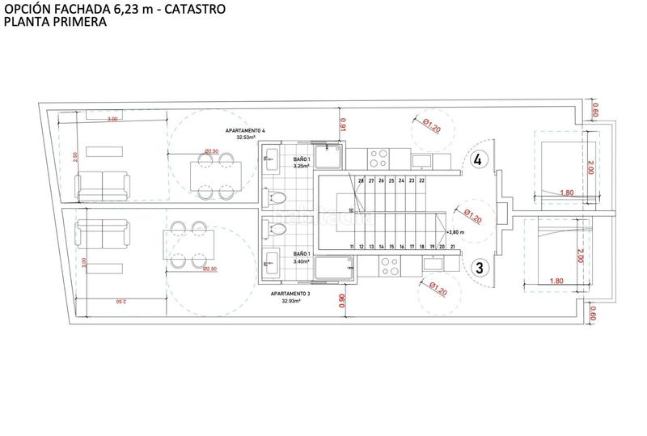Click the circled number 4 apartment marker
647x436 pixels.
(478, 159)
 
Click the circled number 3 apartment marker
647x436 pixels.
(478, 267)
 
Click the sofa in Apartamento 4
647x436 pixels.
(101, 186)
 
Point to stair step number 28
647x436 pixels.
(360, 180)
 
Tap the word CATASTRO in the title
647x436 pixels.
(194, 10)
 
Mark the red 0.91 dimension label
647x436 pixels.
(342, 126)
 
